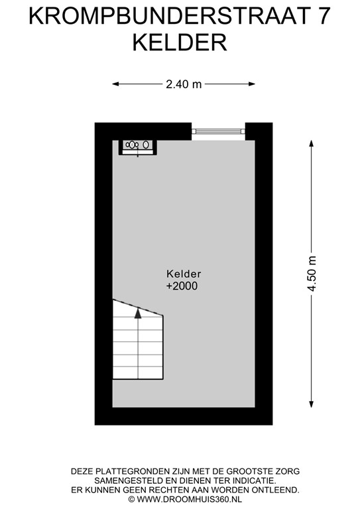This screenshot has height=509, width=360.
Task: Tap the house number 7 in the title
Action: point(323,15)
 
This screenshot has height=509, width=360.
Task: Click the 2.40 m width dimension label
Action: point(184,84)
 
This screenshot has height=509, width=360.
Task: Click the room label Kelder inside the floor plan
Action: point(184,274)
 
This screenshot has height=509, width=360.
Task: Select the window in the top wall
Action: point(219,131)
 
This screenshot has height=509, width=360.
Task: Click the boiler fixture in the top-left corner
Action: point(137,144)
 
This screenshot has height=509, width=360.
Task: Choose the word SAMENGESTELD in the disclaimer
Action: point(129,481)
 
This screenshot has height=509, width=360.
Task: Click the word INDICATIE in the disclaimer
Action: point(251,481)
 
